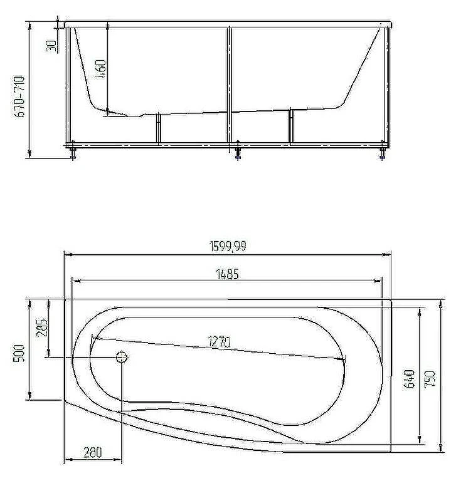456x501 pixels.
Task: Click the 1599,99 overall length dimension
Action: coord(228,246)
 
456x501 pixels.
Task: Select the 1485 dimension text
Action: coord(228,274)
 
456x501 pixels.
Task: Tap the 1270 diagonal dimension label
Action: coord(220,342)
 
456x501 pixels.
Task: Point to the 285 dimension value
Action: coord(42,327)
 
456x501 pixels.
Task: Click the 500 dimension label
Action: coord(19,353)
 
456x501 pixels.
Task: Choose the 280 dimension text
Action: coord(93,452)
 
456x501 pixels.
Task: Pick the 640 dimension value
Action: coord(410,379)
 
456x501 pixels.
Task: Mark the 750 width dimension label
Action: coord(430,379)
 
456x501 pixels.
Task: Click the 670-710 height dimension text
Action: coord(19,96)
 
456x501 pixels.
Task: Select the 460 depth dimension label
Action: coord(101,69)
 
